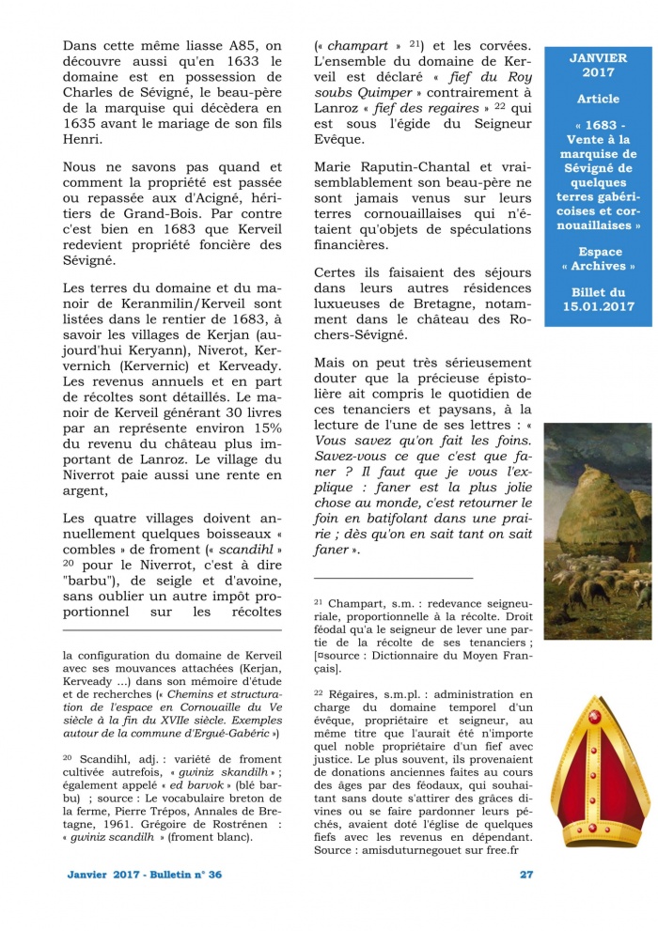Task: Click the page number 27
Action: (x=526, y=874)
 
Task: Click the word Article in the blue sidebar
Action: (x=598, y=99)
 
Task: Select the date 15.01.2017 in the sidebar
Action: (x=599, y=306)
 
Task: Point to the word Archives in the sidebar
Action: (x=599, y=266)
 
